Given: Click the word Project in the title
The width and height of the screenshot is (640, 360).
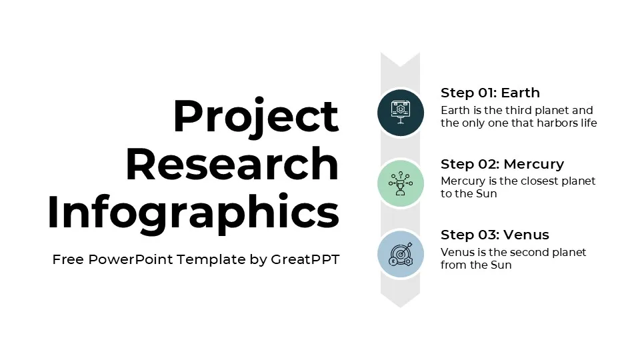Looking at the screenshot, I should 255,116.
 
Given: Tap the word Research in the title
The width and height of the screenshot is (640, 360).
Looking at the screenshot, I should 232,164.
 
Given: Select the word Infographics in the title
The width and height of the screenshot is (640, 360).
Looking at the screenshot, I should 193,213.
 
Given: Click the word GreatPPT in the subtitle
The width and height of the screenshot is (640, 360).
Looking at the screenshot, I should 305,259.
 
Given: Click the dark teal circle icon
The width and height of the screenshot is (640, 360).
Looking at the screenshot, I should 400,112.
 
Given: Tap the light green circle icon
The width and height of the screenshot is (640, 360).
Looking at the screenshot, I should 400,183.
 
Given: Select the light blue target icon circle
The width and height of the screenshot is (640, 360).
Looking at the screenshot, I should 400,254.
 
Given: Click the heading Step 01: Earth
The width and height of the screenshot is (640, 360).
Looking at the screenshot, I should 490,93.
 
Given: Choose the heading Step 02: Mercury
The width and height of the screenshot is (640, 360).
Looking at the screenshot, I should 502,164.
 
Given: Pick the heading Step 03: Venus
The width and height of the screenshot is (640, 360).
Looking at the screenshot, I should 495,235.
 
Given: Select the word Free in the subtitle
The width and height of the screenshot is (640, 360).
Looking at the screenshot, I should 68,259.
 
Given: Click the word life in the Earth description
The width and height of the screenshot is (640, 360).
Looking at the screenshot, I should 589,123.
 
